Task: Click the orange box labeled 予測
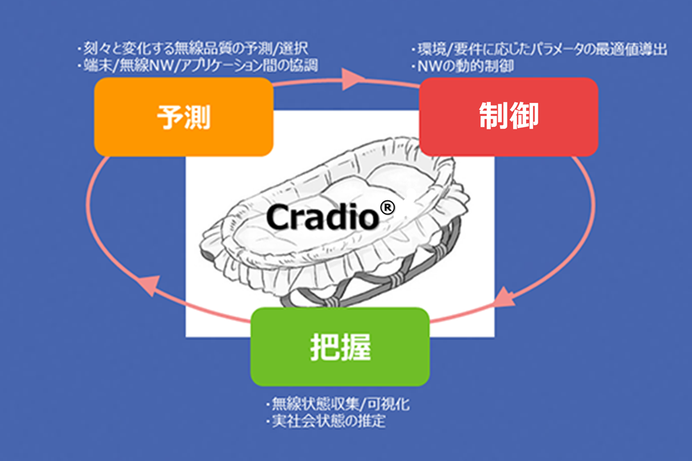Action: pos(184,117)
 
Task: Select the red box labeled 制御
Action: pos(508,117)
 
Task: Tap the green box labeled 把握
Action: pos(340,347)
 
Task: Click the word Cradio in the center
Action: pos(322,217)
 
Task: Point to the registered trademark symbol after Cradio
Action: pos(387,207)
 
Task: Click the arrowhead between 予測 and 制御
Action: pos(353,79)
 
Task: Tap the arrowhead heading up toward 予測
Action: pos(151,284)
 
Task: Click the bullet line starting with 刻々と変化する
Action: pos(192,48)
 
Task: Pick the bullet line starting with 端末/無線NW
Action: pos(197,65)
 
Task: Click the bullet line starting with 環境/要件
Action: pos(539,49)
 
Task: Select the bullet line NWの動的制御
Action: pos(462,66)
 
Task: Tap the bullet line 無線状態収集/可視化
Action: pos(338,403)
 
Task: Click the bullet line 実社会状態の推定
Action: pos(325,421)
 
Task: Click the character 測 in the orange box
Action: pos(197,117)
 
